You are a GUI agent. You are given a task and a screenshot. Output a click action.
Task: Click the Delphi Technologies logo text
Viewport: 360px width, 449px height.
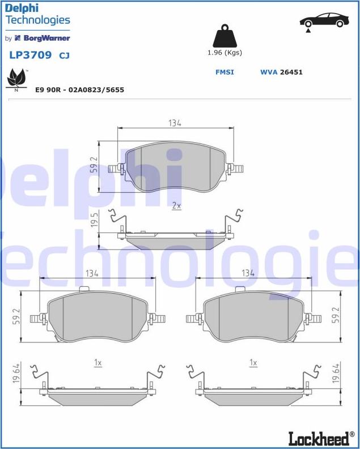tap(37, 15)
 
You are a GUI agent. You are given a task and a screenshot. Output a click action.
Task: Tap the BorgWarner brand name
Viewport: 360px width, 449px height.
tap(46, 39)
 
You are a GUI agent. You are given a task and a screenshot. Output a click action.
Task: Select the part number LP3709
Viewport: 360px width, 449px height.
tap(30, 56)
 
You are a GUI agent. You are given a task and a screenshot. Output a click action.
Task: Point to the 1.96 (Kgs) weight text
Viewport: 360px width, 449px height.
tap(225, 53)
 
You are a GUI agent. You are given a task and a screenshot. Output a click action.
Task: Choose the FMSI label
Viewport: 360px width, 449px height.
tap(225, 73)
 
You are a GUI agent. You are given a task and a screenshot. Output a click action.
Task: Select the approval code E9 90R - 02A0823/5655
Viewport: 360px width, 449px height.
tap(79, 90)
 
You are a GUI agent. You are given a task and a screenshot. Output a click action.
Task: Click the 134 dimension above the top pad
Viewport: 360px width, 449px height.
tap(175, 123)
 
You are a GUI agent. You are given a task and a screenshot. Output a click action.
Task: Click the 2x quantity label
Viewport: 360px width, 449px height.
tap(176, 206)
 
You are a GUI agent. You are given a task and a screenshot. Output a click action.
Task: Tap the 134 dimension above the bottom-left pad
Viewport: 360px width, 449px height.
tap(92, 273)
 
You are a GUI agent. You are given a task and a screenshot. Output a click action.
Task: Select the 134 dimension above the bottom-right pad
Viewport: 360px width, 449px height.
tap(248, 273)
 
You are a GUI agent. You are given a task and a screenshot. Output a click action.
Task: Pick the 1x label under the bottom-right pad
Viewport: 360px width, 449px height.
tap(253, 362)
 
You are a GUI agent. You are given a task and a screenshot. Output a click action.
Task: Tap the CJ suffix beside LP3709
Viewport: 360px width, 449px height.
tap(65, 56)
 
